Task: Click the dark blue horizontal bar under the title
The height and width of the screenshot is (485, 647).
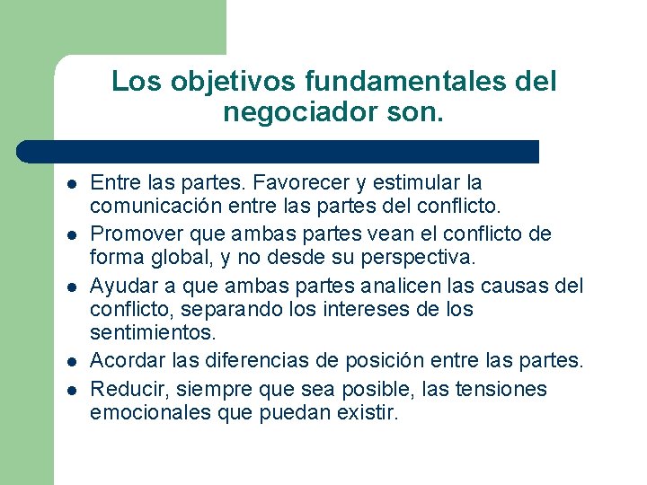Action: [x=279, y=151]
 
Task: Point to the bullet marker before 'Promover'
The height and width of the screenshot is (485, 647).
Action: [x=68, y=236]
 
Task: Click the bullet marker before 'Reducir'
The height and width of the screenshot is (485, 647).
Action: [x=68, y=391]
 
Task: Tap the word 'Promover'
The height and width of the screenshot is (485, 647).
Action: [x=133, y=234]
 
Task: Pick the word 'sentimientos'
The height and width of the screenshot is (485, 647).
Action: [x=153, y=333]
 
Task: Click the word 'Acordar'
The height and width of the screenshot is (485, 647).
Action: [x=124, y=360]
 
